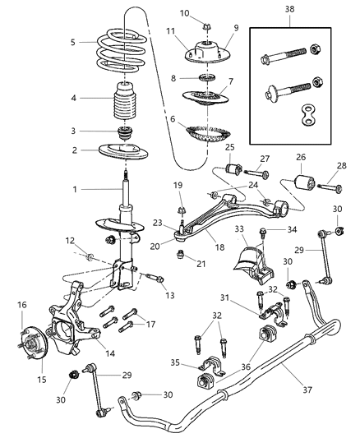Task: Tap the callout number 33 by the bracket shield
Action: (239, 228)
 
